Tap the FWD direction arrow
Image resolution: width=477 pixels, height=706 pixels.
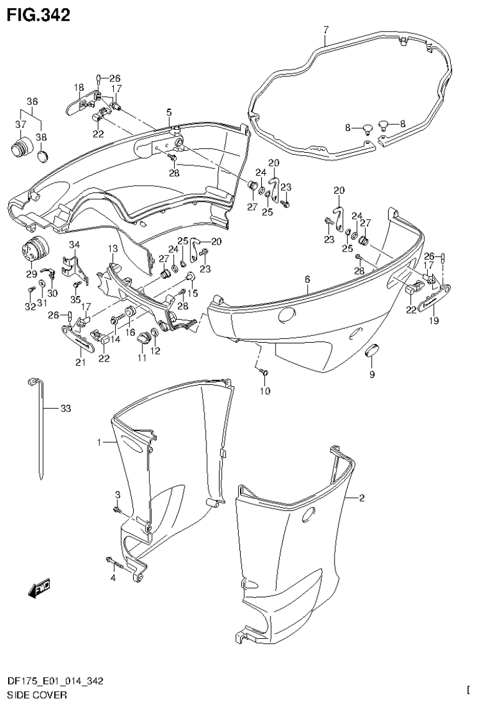coord(39,588)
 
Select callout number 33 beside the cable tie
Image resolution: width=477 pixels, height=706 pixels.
coord(67,408)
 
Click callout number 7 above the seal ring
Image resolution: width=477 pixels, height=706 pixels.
coord(325,29)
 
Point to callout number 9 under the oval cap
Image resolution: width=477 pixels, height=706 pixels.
coord(372,374)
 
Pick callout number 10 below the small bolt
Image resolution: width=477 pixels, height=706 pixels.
coord(266,391)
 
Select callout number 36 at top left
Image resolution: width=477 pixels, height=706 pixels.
coord(32,101)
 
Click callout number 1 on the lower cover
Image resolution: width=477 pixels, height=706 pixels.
coord(99,442)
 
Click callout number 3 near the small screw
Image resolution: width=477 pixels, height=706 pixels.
coord(117,494)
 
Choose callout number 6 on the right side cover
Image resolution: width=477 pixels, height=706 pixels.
coord(307,280)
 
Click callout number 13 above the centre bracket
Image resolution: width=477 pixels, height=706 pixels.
coord(113,248)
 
